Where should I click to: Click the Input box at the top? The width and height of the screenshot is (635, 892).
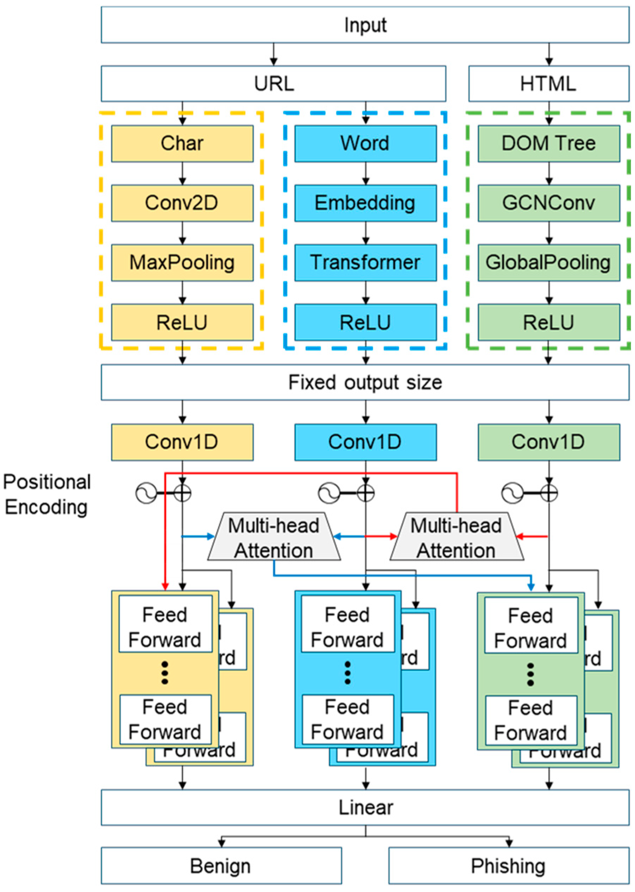click(365, 25)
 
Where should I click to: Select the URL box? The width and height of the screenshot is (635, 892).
click(273, 84)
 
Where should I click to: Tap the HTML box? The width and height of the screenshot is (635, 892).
click(548, 84)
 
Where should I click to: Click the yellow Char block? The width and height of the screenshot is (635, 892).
click(182, 143)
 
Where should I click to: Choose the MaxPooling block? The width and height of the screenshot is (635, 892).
click(182, 263)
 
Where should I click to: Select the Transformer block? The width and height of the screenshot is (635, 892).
click(365, 263)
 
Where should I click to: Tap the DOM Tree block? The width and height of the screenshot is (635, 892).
click(548, 143)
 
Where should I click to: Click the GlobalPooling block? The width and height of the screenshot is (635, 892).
click(548, 263)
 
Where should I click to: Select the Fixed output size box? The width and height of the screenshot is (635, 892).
click(365, 382)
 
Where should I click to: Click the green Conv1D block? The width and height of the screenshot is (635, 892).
click(548, 442)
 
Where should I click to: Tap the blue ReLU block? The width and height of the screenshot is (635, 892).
click(365, 322)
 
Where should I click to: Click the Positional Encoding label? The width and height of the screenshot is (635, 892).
click(47, 494)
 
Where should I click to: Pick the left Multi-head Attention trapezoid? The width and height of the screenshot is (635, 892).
click(274, 537)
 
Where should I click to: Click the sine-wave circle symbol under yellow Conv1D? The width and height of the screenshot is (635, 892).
click(146, 493)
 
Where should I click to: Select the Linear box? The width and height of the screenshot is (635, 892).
click(365, 808)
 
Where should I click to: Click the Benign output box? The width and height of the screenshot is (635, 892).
click(221, 866)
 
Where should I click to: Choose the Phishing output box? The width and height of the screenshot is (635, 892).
click(508, 866)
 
